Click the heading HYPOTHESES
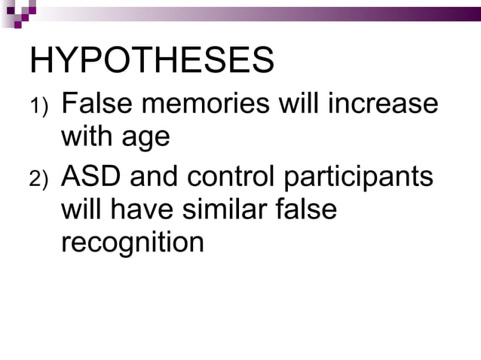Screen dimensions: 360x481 151,61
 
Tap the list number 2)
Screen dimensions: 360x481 38,180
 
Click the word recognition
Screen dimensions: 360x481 131,243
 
